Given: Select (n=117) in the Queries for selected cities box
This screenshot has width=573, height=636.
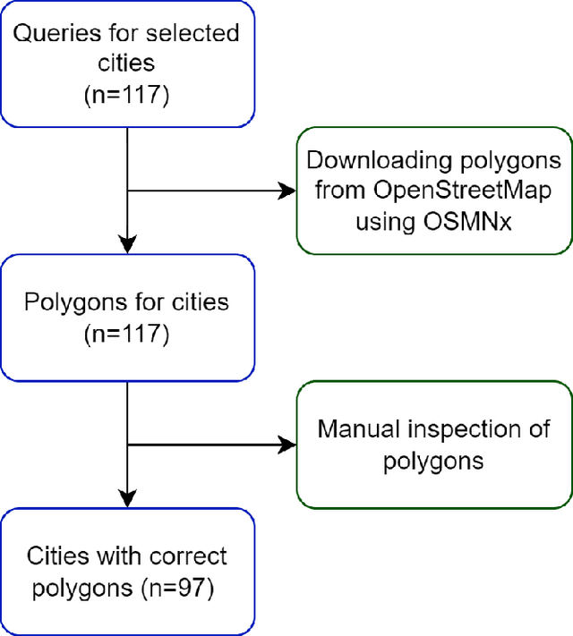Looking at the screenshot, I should click(x=125, y=95).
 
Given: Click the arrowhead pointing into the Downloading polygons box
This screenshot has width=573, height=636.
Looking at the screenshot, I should click(x=286, y=191).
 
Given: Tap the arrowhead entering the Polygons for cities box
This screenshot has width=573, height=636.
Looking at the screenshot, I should click(x=128, y=242).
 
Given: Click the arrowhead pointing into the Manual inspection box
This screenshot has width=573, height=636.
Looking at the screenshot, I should click(x=286, y=445).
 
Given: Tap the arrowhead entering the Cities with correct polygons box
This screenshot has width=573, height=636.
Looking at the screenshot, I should click(x=128, y=497).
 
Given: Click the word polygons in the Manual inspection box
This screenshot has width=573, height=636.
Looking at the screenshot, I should click(x=433, y=461).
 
